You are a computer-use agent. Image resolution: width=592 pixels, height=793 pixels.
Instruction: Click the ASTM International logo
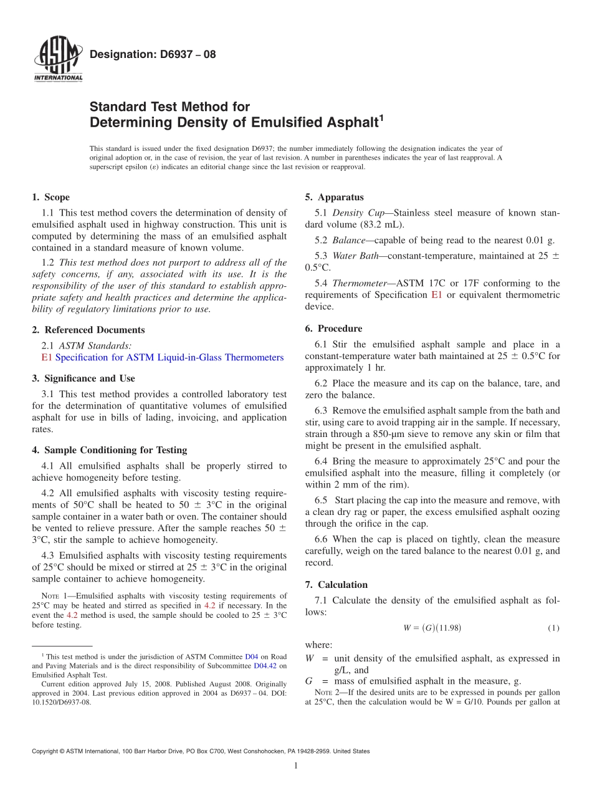[x=57, y=60]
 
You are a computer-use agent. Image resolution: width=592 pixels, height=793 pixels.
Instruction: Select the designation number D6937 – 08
[x=153, y=54]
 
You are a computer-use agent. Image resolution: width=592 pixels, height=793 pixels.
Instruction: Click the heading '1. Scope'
[x=50, y=198]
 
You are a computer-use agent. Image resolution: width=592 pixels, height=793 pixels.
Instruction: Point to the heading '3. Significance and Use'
[x=83, y=378]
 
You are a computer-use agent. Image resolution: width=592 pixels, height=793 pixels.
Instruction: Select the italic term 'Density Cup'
[x=353, y=213]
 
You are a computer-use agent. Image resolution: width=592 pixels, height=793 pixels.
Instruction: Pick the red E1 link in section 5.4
[x=436, y=295]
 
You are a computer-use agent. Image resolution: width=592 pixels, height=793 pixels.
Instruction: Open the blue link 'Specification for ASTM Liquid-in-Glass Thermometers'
[x=169, y=357]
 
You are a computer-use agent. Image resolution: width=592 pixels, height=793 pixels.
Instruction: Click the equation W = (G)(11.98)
[x=432, y=628]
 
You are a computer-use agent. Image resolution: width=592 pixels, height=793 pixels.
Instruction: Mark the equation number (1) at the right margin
[x=553, y=628]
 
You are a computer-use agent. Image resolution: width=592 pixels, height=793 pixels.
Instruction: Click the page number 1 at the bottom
[x=296, y=766]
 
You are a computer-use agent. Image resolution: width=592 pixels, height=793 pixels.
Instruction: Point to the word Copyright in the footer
[x=45, y=751]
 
